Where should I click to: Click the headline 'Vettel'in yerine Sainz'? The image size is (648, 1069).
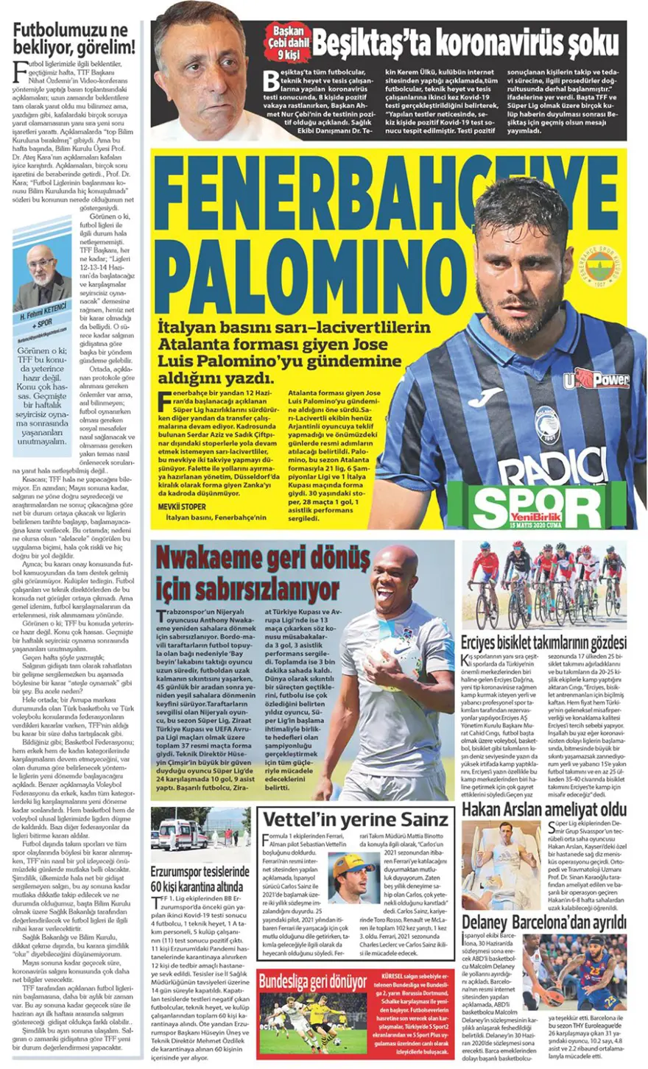pos(356,819)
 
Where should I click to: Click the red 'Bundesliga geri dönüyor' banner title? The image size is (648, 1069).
pos(313,981)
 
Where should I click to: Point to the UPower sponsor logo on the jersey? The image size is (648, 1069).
pos(596,381)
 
